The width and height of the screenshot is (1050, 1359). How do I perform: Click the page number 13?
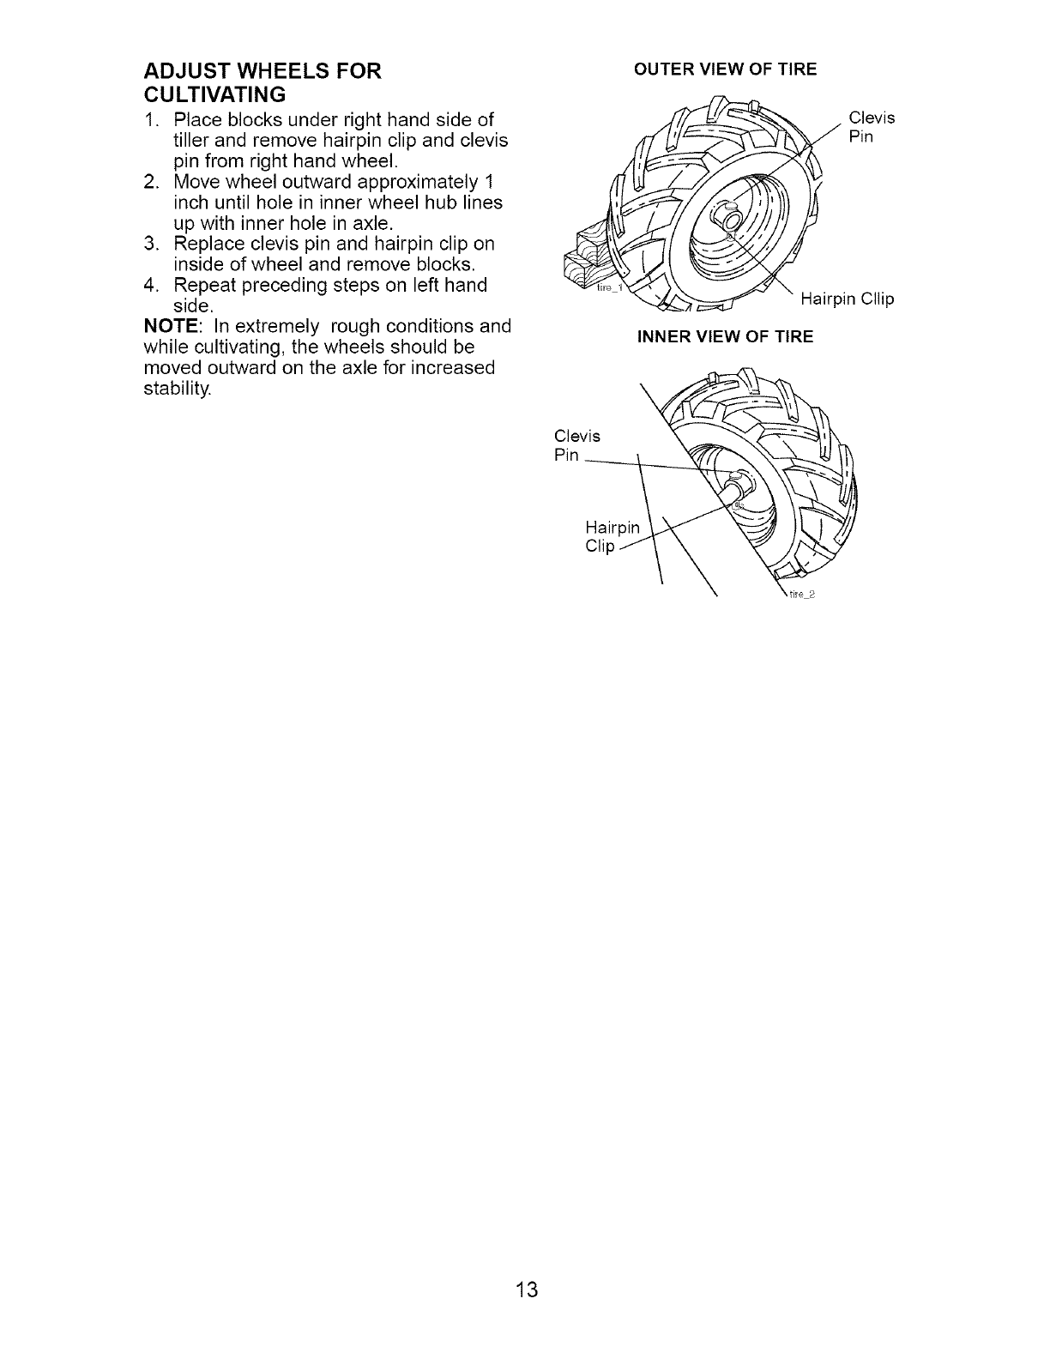tap(527, 1289)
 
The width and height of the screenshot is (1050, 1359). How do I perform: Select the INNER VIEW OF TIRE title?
tap(724, 336)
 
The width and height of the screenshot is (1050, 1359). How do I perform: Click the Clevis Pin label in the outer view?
tap(871, 127)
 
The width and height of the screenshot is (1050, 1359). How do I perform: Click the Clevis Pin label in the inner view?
tap(576, 445)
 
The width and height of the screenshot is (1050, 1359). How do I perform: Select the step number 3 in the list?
tap(149, 244)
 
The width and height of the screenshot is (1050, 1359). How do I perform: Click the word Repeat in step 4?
tap(203, 285)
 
